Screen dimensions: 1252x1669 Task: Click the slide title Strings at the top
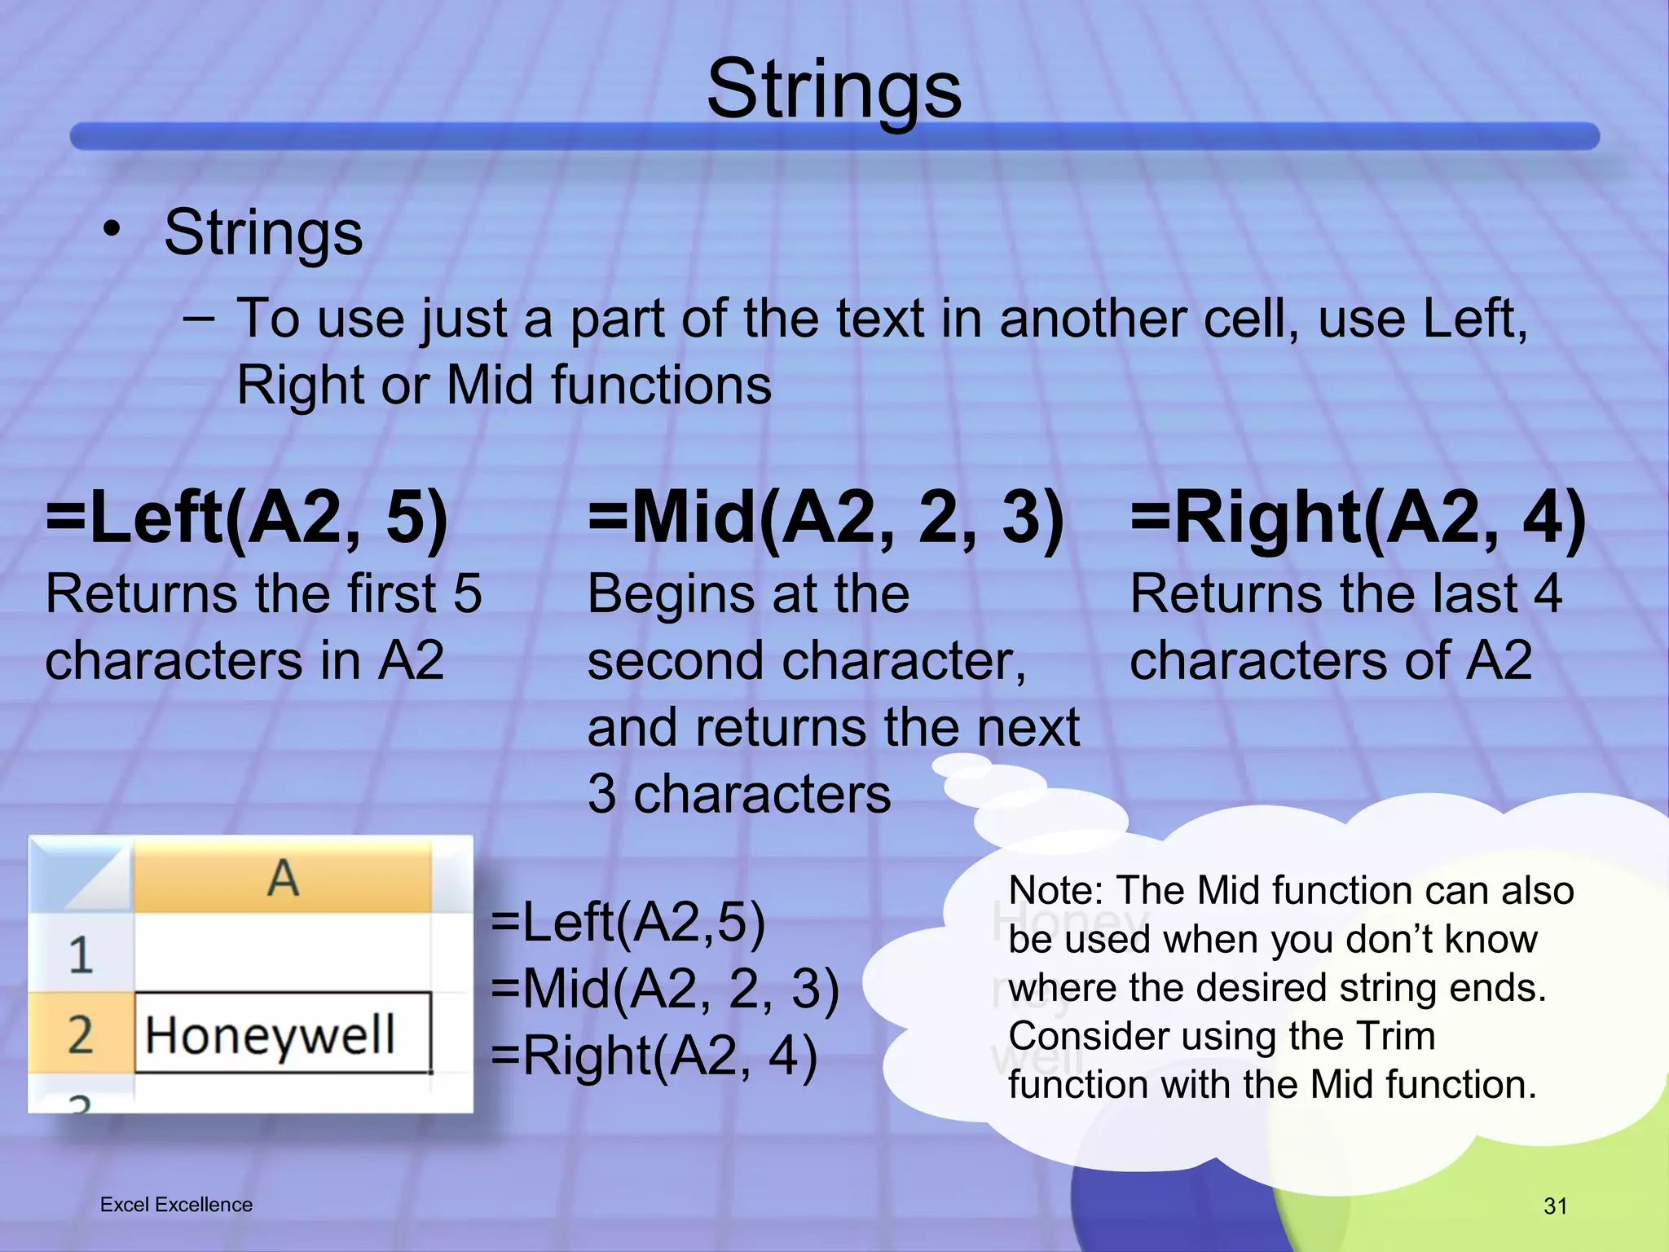[x=834, y=90]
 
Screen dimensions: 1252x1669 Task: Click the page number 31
[x=1555, y=1206]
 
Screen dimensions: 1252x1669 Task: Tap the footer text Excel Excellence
[x=176, y=1205]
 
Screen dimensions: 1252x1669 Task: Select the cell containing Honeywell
[x=282, y=1034]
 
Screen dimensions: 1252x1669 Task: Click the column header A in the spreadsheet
[x=282, y=879]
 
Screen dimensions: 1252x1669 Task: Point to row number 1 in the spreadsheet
[x=80, y=954]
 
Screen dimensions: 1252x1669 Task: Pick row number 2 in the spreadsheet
[x=80, y=1034]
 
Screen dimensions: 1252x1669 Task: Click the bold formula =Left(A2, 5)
[x=247, y=518]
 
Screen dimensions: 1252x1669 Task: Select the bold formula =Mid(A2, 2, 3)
[x=826, y=518]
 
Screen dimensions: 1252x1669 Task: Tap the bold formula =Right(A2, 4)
[x=1359, y=518]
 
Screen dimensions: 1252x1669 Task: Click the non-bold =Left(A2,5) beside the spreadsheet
[x=628, y=923]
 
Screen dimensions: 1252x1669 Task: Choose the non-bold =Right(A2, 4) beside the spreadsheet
[x=654, y=1056]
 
